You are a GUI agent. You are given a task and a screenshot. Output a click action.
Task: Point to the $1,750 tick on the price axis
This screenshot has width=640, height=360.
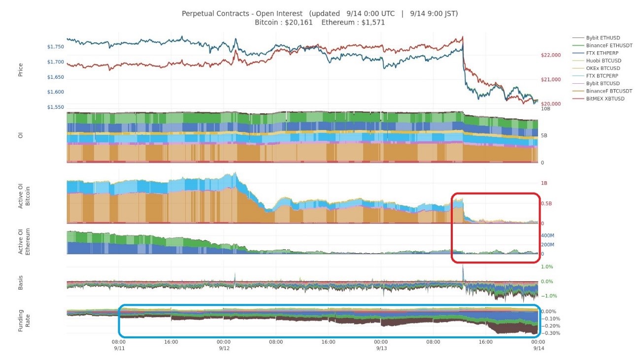tap(56, 47)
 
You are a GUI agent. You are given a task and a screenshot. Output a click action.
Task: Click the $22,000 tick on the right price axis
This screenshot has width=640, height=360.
tap(551, 55)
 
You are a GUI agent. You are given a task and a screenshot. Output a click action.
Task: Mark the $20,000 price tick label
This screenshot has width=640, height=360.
tap(551, 104)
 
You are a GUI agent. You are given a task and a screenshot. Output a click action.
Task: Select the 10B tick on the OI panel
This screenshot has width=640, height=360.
tap(545, 108)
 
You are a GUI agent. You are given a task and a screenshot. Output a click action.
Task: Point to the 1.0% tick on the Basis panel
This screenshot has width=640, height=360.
tap(547, 267)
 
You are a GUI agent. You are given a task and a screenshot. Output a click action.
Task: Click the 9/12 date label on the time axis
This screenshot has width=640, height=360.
tap(224, 348)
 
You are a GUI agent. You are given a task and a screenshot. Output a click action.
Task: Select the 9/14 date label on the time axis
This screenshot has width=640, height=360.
tap(538, 348)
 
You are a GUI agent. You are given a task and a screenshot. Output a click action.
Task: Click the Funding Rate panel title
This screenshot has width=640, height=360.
tap(21, 320)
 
